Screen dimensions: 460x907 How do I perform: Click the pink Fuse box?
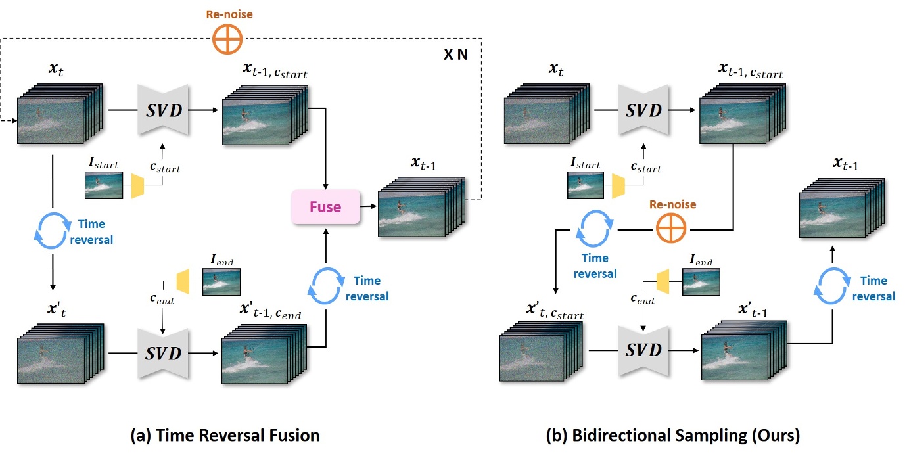pos(325,206)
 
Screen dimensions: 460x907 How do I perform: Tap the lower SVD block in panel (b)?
pos(643,351)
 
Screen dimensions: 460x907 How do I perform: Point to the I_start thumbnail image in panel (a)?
pos(104,185)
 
